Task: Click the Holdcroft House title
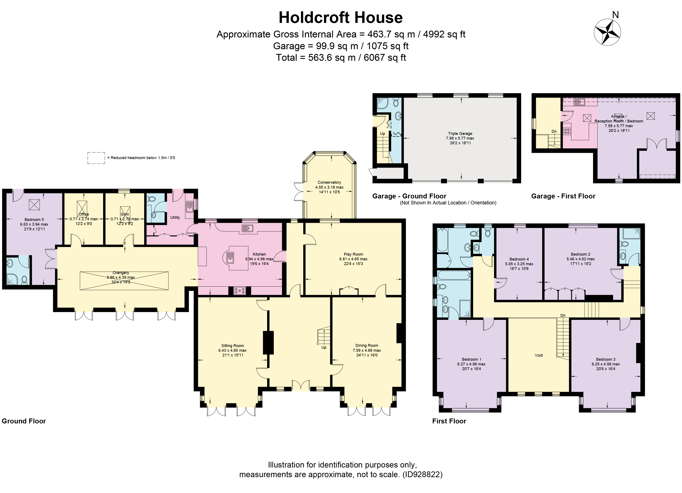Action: pos(340,18)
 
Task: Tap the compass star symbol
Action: pos(607,32)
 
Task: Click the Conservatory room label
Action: pos(329,182)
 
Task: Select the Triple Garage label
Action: pos(460,134)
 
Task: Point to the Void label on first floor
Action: pos(538,355)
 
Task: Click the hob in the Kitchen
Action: pos(240,291)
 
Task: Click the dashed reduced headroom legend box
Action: pos(96,158)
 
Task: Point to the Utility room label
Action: pos(175,217)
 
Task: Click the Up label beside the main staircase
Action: pos(324,347)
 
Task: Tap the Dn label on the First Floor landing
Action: pos(563,315)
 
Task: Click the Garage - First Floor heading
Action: pos(563,196)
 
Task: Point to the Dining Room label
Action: pos(367,346)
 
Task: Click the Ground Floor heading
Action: pos(24,421)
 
